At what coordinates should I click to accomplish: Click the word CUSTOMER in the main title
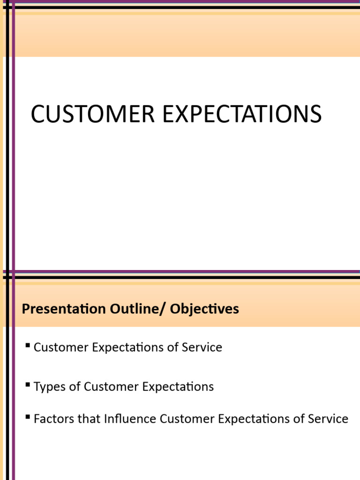tap(92, 114)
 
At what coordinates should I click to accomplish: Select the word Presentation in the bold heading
tap(64, 309)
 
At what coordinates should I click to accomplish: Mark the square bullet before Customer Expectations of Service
tap(28, 346)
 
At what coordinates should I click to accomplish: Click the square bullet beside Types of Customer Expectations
tap(28, 385)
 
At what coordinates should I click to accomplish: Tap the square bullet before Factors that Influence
tap(28, 417)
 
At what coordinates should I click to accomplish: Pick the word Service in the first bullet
tap(202, 347)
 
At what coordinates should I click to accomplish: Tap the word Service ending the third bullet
tap(329, 419)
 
